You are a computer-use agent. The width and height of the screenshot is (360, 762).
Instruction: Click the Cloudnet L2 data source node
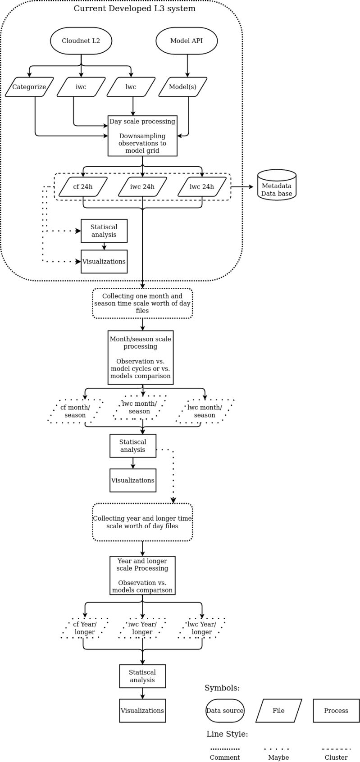pos(81,41)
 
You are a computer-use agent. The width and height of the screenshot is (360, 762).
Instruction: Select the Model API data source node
pos(187,41)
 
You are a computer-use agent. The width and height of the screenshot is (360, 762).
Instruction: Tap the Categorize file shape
pos(29,87)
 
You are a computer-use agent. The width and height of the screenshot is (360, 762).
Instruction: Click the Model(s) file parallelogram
pos(183,87)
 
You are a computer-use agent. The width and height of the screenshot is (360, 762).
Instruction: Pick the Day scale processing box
pos(142,136)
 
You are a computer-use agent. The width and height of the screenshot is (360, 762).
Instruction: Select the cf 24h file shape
pos(83,187)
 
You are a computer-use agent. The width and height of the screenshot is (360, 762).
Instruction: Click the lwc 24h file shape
pos(202,187)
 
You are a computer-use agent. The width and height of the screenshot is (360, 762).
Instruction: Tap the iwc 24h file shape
pos(142,187)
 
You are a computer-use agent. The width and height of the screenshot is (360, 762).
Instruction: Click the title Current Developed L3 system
pos(135,9)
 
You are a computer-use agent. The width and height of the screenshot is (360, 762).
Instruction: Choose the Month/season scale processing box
pos(141,358)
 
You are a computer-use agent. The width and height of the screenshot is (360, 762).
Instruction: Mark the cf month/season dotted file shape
pos(75,411)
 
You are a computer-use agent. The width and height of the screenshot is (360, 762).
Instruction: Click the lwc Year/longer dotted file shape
pos(202,628)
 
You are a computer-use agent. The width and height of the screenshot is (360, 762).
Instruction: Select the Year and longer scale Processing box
pos(142,576)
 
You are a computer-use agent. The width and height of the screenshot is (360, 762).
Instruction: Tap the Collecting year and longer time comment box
pos(142,522)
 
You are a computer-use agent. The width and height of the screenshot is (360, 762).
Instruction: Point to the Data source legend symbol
pos(225,711)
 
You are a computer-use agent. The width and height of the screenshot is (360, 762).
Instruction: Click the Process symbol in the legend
pos(336,711)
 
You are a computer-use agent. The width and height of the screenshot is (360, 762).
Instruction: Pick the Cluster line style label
pos(336,757)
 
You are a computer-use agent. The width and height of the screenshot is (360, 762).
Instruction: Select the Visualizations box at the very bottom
pos(142,711)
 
